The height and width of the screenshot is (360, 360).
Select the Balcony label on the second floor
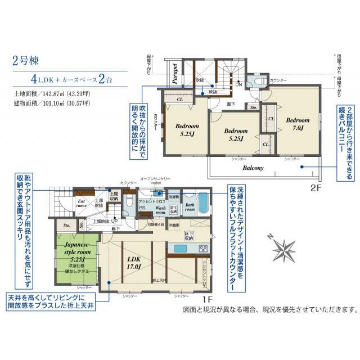[253, 168]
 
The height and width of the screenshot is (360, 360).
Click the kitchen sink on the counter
[181, 249]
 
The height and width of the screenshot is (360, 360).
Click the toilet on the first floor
[129, 203]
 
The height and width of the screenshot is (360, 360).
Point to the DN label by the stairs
[238, 85]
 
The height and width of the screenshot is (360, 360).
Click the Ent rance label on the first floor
[80, 203]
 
